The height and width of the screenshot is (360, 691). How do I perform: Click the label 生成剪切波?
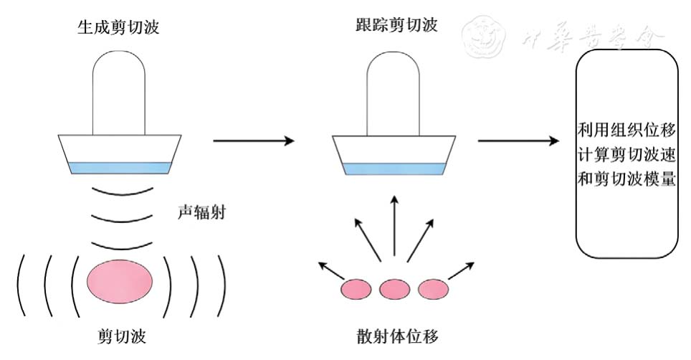pos(118,29)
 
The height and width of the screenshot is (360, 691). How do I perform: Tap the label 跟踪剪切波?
pos(396,27)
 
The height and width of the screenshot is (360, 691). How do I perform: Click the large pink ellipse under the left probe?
pos(119,279)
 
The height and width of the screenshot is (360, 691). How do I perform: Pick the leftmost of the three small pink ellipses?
pos(356,289)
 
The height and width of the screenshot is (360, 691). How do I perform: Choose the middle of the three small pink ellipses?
pos(394,289)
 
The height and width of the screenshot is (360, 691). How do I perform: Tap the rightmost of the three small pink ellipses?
pos(432,289)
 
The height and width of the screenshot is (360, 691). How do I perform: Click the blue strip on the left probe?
pos(119,168)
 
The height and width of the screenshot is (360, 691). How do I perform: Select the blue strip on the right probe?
pos(393,169)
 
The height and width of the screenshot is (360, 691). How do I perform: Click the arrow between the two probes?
pos(254,141)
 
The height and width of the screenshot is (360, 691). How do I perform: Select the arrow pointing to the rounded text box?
pos(518,141)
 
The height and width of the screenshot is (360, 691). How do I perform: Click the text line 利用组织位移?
pos(627,131)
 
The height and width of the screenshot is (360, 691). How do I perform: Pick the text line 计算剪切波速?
pos(627,155)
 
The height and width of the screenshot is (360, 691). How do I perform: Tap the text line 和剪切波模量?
pos(627,179)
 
